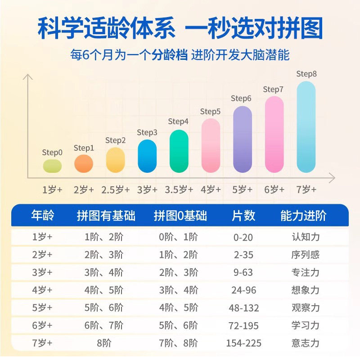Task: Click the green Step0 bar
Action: [x=52, y=165]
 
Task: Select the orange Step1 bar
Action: [x=84, y=163]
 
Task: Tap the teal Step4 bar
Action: [x=179, y=151]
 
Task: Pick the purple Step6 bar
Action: [x=242, y=139]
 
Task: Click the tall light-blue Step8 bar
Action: [x=306, y=126]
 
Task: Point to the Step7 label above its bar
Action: [x=273, y=90]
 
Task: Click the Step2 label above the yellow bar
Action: [x=116, y=140]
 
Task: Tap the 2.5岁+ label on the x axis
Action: [x=116, y=189]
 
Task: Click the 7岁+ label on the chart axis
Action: [x=306, y=189]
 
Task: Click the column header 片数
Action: [x=243, y=216]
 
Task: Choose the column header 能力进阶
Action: [x=303, y=216]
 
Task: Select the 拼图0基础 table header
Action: [x=180, y=216]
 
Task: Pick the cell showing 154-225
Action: [x=243, y=343]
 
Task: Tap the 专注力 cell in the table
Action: [x=305, y=272]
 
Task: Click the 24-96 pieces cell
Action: [x=243, y=290]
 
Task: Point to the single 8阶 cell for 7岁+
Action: [x=103, y=343]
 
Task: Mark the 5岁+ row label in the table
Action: [x=42, y=308]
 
